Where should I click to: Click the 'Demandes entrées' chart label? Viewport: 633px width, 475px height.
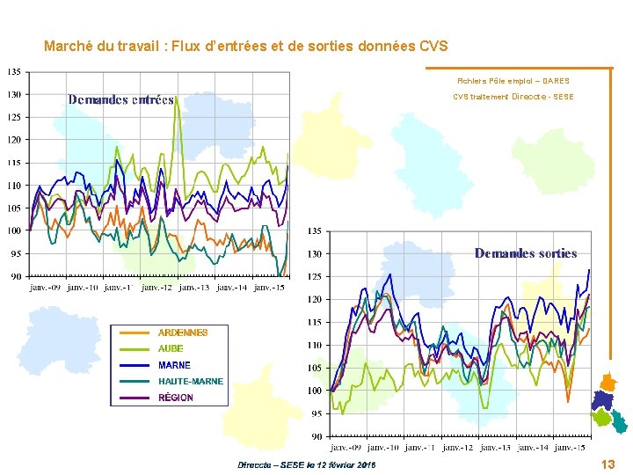tap(120, 99)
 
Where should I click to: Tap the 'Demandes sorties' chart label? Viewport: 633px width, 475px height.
tap(526, 253)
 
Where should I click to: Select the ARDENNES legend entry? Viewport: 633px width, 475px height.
tap(182, 332)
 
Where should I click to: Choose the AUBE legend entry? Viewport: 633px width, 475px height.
tap(171, 348)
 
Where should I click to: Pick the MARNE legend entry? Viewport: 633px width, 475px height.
tap(174, 365)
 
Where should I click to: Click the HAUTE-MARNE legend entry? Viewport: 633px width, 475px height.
tap(190, 381)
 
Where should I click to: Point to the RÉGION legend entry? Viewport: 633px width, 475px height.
tap(175, 398)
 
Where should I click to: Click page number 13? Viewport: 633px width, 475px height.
tap(608, 464)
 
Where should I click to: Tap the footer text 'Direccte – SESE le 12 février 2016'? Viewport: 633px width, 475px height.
tap(306, 464)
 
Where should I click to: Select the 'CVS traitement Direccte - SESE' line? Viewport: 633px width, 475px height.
tap(513, 97)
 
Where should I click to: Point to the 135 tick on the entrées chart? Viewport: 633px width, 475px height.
tap(16, 71)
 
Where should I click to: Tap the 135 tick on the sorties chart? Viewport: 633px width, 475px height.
tap(315, 231)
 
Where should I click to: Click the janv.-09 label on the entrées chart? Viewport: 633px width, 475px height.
tap(46, 287)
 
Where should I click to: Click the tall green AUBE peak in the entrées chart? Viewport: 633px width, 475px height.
tap(177, 99)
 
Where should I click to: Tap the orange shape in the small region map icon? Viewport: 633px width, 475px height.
tap(607, 382)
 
